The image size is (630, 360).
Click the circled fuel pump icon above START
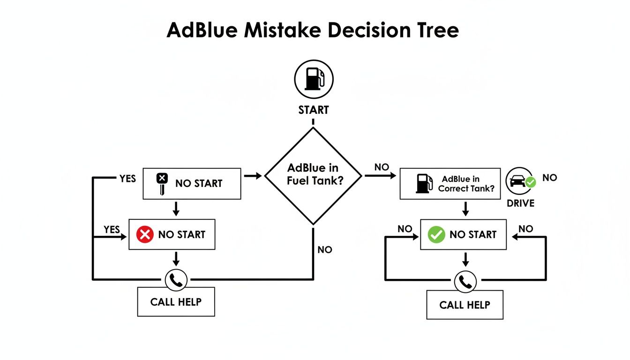(313, 78)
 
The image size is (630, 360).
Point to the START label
(313, 110)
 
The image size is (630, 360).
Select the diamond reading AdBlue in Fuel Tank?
(313, 176)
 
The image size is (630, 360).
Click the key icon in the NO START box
(162, 183)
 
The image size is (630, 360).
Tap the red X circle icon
(145, 234)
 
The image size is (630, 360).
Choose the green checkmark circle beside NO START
(436, 234)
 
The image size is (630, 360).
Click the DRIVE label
(520, 203)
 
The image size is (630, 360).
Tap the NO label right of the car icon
(550, 178)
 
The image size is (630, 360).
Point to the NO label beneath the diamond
(324, 250)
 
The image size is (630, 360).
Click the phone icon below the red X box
(176, 280)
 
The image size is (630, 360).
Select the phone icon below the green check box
(465, 282)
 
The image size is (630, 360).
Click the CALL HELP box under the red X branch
(176, 302)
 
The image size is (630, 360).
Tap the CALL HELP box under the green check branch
(465, 305)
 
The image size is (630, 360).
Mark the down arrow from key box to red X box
(176, 209)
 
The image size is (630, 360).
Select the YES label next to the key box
(127, 179)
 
